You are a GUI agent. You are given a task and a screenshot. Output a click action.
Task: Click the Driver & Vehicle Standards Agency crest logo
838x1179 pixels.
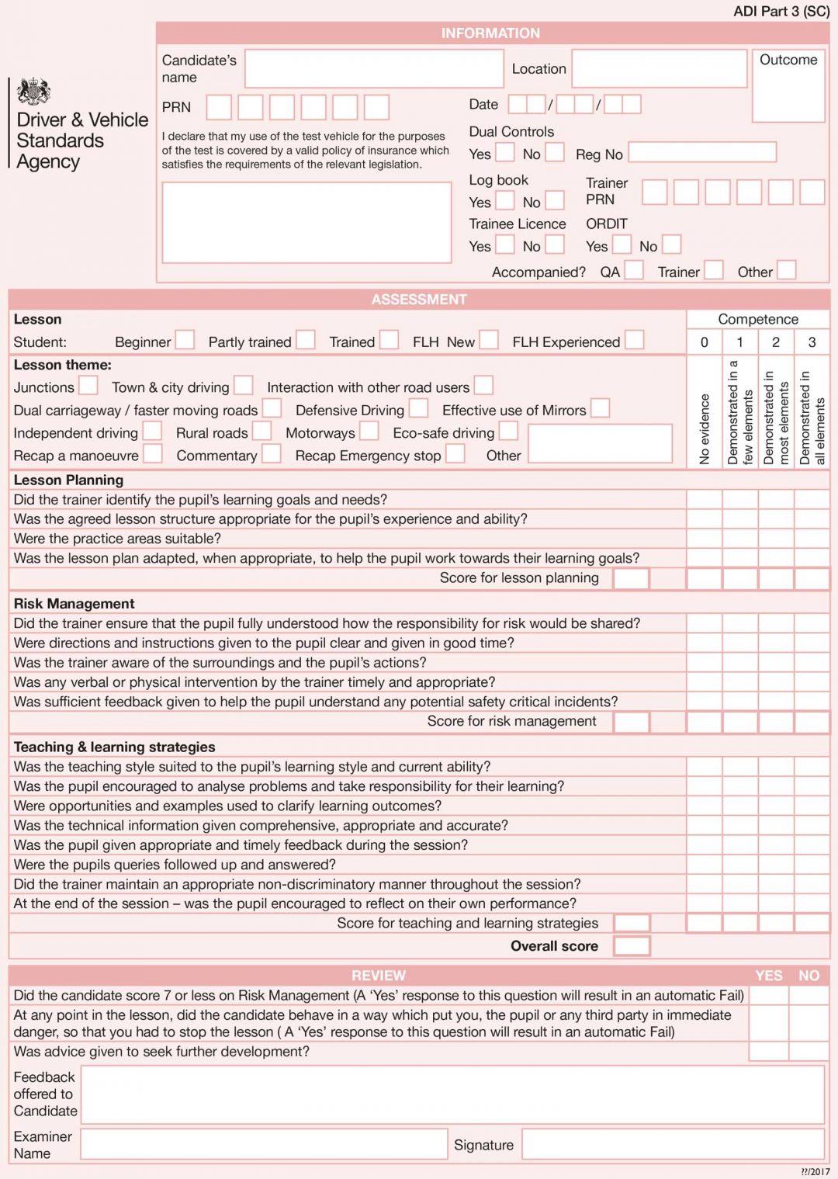tap(33, 92)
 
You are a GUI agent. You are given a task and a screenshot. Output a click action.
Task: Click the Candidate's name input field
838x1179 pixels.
tap(373, 69)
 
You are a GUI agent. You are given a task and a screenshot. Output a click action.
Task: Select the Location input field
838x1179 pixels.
tap(659, 69)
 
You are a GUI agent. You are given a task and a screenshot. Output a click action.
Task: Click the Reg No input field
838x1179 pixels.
tap(701, 152)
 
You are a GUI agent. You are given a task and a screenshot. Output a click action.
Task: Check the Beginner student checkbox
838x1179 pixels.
tap(185, 340)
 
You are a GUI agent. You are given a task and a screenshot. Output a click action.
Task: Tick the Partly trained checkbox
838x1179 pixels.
tap(306, 340)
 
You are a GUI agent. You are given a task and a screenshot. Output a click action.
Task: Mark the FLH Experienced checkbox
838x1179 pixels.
tap(634, 340)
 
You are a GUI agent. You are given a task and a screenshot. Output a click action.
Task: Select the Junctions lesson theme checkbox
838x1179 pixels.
tap(88, 385)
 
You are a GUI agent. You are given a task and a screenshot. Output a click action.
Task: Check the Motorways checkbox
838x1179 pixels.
tap(369, 431)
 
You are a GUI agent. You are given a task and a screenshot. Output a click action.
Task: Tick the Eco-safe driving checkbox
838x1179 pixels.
tap(508, 431)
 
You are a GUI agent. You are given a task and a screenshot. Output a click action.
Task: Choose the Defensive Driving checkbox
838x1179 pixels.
tap(418, 408)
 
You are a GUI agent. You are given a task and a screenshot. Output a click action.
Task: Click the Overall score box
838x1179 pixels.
tap(631, 945)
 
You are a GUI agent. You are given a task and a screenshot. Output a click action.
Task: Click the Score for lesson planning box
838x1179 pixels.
tap(631, 578)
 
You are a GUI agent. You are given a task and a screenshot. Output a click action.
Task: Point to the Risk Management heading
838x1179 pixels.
tap(74, 604)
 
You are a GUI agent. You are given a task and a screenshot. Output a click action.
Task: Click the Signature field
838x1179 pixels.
tap(672, 1144)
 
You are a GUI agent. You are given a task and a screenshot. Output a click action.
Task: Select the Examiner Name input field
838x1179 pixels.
tap(264, 1144)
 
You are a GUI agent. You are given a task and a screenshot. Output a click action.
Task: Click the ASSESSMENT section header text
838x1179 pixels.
tap(419, 300)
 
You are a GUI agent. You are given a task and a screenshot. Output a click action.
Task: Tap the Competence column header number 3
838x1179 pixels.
tap(812, 342)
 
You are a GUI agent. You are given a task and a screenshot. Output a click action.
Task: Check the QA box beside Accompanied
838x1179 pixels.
tap(634, 270)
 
